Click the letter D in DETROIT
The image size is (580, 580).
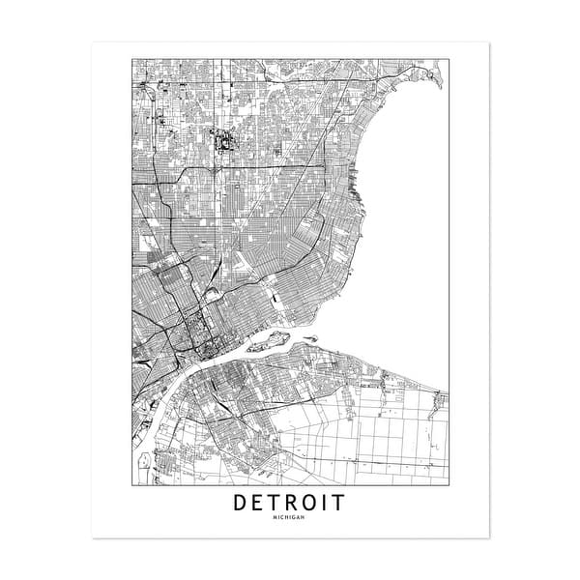click(241, 503)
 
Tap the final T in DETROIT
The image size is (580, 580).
click(339, 503)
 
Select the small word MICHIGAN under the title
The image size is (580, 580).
click(290, 519)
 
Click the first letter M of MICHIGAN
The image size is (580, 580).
click(276, 519)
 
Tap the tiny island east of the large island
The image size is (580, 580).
click(311, 338)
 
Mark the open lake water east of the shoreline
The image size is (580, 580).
click(406, 242)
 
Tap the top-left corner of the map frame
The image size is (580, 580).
click(131, 59)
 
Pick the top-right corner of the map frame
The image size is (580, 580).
click(449, 59)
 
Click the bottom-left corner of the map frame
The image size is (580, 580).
click(131, 483)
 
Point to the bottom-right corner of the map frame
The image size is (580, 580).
click(449, 483)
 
